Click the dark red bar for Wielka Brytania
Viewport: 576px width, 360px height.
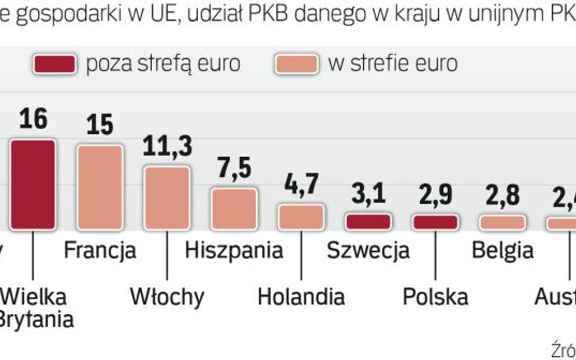click(x=33, y=184)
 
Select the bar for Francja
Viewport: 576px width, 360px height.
click(x=100, y=187)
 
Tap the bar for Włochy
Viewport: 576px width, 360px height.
click(x=167, y=197)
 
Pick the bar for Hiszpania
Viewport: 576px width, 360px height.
click(x=234, y=208)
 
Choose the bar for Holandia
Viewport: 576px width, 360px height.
click(x=301, y=217)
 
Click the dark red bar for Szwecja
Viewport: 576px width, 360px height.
click(x=368, y=222)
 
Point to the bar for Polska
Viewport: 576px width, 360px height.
click(x=435, y=222)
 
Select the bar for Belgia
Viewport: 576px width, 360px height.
click(x=502, y=222)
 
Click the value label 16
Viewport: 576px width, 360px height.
click(x=33, y=119)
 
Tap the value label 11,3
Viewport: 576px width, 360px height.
click(x=167, y=146)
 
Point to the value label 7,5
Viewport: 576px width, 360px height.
click(x=234, y=169)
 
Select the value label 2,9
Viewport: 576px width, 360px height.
click(x=435, y=195)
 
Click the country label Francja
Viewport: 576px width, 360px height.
click(x=100, y=250)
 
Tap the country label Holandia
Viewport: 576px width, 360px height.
click(x=301, y=296)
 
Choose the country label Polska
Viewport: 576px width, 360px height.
click(x=435, y=296)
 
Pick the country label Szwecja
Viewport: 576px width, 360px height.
click(x=368, y=250)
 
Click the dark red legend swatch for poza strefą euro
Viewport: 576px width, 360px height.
click(x=55, y=64)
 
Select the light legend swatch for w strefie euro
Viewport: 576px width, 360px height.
click(x=296, y=64)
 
